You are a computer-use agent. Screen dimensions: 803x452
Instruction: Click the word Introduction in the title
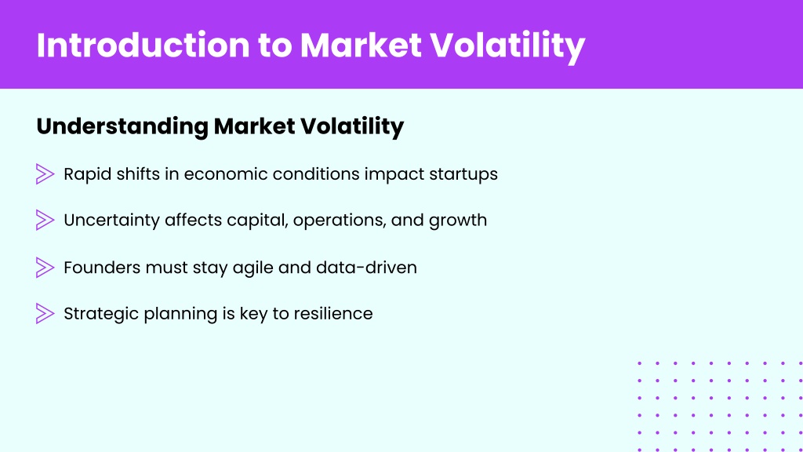pos(143,45)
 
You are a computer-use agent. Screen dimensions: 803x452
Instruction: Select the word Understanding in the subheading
pos(122,126)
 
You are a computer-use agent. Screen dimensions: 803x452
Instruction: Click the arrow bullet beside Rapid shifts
pos(45,173)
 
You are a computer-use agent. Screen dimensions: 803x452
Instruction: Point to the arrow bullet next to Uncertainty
pos(45,220)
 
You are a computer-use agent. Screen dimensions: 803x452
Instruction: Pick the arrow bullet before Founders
pos(45,268)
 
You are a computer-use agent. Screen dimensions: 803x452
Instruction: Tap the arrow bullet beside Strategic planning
pos(45,314)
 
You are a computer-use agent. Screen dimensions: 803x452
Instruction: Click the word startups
pos(463,174)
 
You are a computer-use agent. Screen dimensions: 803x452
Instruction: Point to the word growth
pos(458,221)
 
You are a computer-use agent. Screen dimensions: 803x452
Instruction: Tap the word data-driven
pos(367,268)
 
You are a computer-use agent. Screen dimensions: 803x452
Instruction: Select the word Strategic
pos(101,314)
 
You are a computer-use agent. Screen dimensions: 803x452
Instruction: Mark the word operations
pos(340,221)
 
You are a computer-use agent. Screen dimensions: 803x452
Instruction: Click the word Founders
pos(103,268)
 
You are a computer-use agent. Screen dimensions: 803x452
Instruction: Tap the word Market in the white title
pos(361,45)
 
